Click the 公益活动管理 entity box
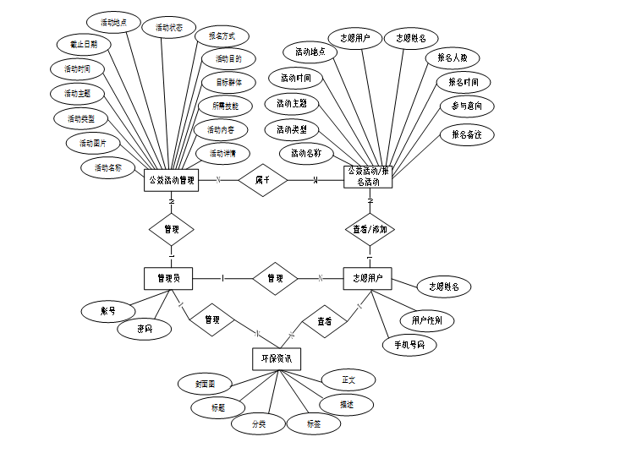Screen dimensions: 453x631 point(172,180)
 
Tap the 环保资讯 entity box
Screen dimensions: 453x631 point(276,359)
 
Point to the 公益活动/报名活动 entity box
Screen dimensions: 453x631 point(369,176)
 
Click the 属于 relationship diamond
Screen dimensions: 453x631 point(262,180)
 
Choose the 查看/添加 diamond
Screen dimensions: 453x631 point(370,229)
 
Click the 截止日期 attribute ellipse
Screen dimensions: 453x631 point(77,43)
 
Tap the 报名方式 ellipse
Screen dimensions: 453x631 point(222,36)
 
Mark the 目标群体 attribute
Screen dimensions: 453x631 point(226,83)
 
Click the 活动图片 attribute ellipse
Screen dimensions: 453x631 point(93,143)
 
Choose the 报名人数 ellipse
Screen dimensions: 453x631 point(452,58)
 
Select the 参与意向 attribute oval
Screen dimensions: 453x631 point(467,106)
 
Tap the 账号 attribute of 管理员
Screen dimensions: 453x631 point(107,311)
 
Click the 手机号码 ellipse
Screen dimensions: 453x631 point(409,345)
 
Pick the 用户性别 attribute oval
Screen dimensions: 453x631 point(432,320)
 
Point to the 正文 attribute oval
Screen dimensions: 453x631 point(348,379)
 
